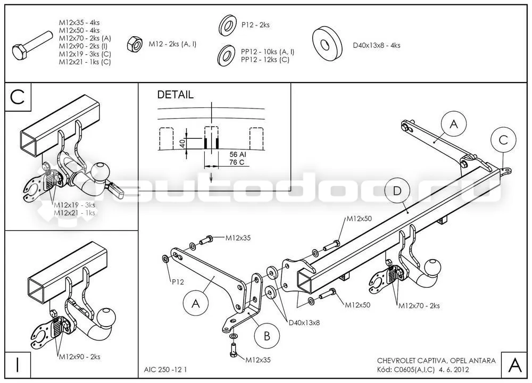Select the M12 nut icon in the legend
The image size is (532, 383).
[x=135, y=44]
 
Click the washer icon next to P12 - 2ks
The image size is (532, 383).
[x=227, y=25]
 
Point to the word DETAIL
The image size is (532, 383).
[x=175, y=95]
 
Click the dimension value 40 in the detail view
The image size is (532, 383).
[x=182, y=144]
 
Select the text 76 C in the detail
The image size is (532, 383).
[x=237, y=162]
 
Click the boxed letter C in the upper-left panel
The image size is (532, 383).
[x=18, y=97]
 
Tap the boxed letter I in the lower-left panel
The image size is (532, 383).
[x=18, y=365]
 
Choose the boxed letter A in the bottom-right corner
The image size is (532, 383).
[x=514, y=365]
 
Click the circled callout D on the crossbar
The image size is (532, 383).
[x=397, y=190]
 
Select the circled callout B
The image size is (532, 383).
[x=267, y=336]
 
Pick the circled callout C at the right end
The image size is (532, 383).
[x=503, y=140]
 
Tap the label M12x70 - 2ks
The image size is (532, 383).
[x=419, y=306]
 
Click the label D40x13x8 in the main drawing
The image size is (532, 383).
[x=304, y=322]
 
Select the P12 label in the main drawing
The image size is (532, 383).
[x=178, y=282]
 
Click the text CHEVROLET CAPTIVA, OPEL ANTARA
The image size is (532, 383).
[x=436, y=361]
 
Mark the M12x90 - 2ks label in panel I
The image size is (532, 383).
[x=80, y=356]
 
